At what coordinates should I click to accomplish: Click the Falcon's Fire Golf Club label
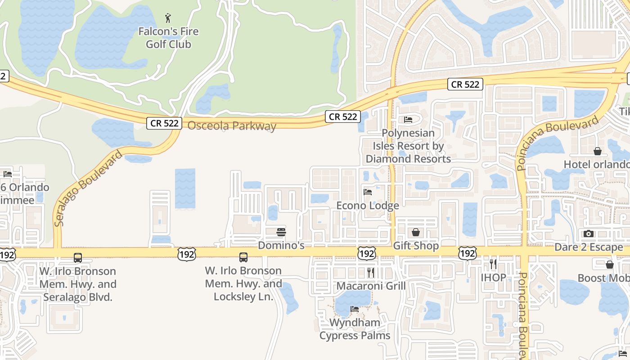168,38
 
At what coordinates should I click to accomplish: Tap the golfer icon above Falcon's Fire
168,18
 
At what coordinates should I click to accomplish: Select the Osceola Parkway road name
232,126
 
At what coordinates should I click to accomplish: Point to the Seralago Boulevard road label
88,189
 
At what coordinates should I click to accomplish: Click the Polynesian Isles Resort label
408,146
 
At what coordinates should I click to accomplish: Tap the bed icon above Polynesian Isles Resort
408,120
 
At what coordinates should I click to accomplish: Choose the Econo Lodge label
368,206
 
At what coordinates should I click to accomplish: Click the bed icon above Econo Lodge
368,192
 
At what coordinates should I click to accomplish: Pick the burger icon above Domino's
281,232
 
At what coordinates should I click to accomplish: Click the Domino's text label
281,246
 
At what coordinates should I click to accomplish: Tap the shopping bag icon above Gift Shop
416,232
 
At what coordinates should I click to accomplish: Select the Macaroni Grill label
371,286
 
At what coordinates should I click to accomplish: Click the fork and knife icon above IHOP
493,264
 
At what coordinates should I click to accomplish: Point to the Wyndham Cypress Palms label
355,329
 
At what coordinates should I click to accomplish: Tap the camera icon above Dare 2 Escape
588,234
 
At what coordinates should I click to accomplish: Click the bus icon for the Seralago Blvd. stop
78,258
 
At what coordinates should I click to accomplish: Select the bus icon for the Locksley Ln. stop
243,257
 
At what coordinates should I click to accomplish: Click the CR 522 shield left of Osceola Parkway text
164,123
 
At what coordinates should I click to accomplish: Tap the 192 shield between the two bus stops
187,254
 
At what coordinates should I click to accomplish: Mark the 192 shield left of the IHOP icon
468,253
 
